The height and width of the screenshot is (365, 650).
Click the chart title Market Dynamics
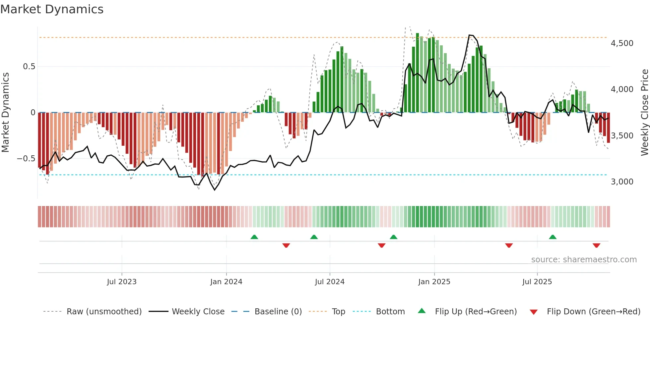52,9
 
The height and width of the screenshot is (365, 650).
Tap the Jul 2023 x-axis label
121,282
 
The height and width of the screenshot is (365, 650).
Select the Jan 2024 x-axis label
226,282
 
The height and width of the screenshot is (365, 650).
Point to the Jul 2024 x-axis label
330,282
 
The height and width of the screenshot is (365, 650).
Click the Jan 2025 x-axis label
434,282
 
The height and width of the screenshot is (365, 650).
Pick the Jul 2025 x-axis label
537,282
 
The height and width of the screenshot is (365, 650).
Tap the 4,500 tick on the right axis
622,43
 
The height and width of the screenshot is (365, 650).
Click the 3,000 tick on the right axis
622,182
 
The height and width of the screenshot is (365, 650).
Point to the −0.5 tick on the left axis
26,159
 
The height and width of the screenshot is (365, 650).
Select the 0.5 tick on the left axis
29,67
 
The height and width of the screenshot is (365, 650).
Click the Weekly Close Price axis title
644,112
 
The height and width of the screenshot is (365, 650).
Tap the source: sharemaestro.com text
584,260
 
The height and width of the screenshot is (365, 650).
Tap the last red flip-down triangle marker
596,245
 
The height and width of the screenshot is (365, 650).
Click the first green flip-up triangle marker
254,237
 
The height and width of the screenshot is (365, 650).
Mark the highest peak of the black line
470,35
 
